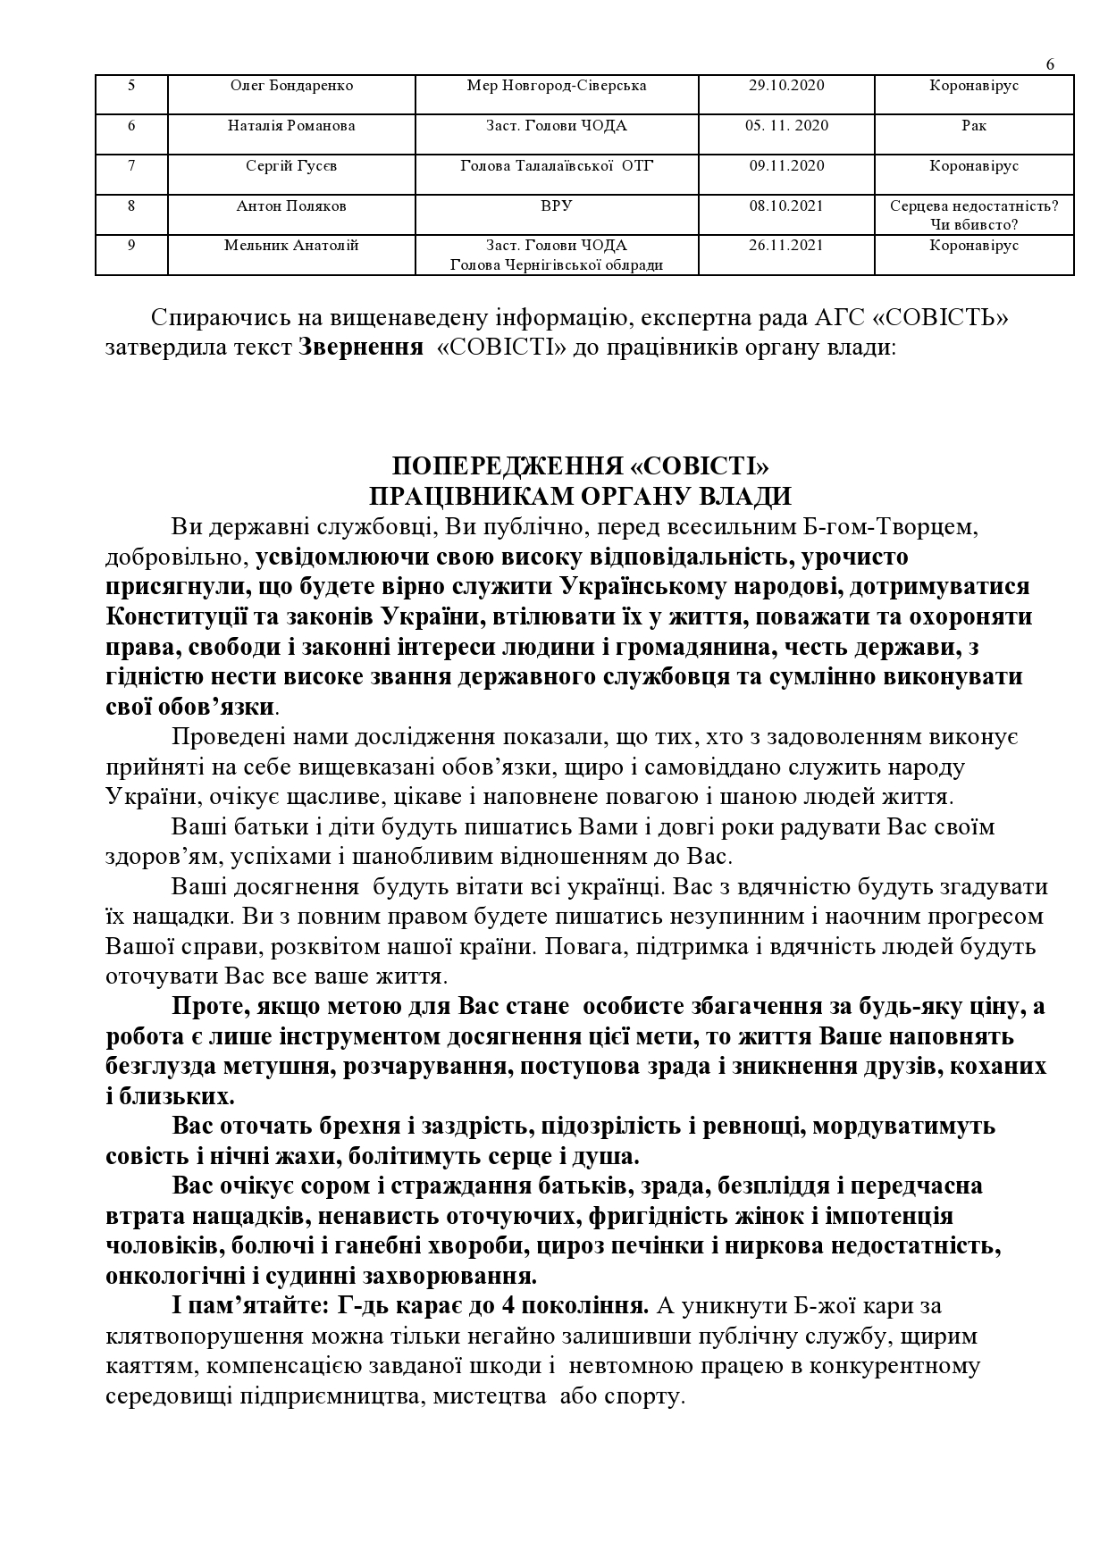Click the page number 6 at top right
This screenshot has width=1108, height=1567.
click(x=1050, y=64)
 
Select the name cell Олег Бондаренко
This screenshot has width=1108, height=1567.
click(x=291, y=86)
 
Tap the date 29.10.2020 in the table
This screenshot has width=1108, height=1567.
click(x=786, y=86)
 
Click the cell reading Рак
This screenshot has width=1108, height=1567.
click(x=974, y=126)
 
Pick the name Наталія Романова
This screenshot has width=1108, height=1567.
click(x=291, y=126)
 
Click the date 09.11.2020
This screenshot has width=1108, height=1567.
click(x=786, y=166)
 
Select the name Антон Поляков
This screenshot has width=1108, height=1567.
click(x=291, y=206)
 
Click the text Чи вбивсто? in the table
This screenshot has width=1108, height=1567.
click(x=974, y=224)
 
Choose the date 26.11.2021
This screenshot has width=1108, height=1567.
click(x=786, y=246)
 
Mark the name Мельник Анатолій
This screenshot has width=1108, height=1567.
click(x=291, y=246)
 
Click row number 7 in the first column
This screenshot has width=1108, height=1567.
click(x=131, y=166)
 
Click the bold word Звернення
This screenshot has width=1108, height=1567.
click(x=361, y=347)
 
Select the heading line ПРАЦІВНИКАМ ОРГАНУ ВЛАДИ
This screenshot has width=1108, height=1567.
click(x=581, y=497)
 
